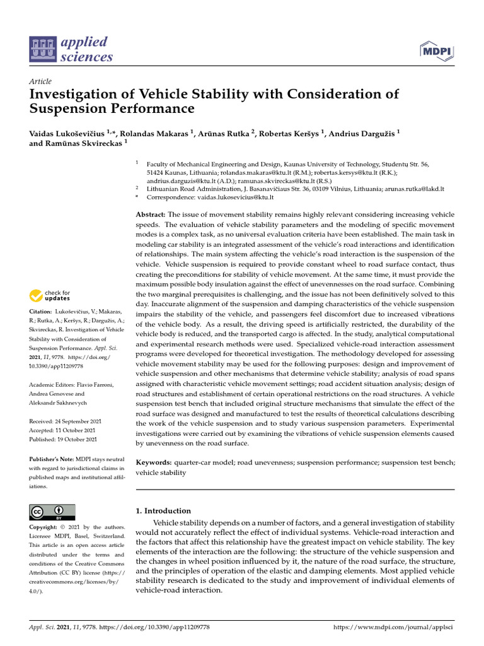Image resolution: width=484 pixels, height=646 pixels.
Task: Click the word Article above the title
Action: click(40, 81)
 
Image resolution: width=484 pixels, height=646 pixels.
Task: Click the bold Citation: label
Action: click(42, 312)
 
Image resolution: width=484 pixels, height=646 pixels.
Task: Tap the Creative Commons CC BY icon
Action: click(52, 512)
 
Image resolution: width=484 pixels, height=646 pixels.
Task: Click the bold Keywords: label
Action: click(154, 462)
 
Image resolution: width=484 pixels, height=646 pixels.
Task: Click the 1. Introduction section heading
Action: click(163, 510)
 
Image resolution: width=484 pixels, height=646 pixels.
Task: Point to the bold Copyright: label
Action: click(46, 527)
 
